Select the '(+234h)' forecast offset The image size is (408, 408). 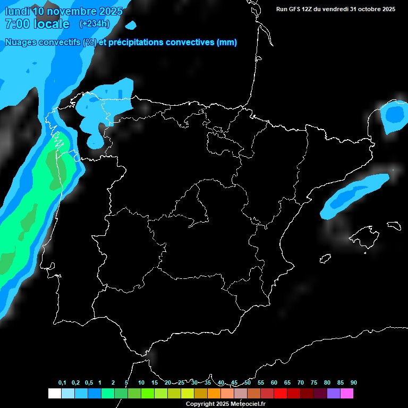pos(94,23)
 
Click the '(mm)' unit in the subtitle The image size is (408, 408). pos(227,42)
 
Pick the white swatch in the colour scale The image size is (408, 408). pos(54,394)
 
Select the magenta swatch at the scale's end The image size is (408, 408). pos(347,394)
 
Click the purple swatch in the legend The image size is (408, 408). pos(333,394)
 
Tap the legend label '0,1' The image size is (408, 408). pos(62,382)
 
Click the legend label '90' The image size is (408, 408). pos(354,382)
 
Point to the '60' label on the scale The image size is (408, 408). pos(274,382)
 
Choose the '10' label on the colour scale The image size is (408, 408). pos(141,382)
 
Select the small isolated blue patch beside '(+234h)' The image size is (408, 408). pos(131,24)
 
